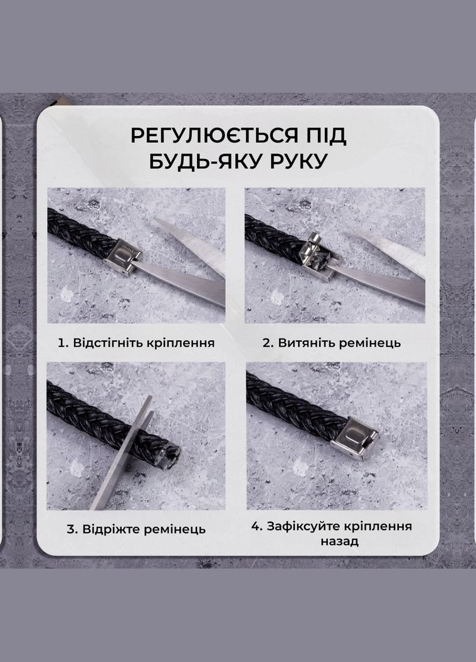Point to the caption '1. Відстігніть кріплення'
click(x=136, y=343)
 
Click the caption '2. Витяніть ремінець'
click(x=331, y=343)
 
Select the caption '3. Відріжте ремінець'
click(x=136, y=529)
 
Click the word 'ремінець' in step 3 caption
click(x=174, y=529)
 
